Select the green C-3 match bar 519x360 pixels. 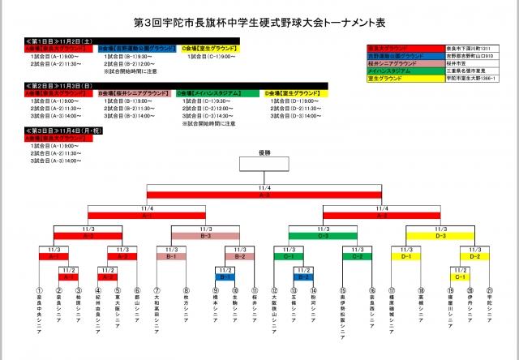(323, 236)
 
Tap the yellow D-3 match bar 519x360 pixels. (441, 236)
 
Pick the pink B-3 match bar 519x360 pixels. (205, 236)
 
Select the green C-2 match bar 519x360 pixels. (357, 256)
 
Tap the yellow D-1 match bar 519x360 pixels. (406, 256)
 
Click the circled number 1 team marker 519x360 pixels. (39, 289)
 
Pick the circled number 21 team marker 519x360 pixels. (490, 289)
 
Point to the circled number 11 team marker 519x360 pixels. (255, 289)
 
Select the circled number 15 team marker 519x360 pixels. (343, 289)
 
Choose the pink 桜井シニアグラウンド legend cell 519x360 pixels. (405, 62)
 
